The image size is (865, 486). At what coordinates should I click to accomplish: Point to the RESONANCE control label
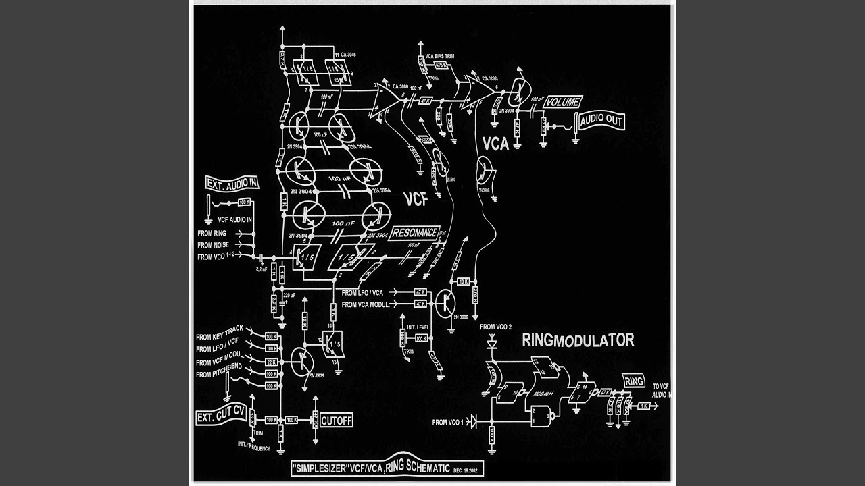tap(414, 233)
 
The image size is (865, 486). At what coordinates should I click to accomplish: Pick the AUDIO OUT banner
tap(599, 122)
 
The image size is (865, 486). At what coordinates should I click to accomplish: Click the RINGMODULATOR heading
tap(578, 340)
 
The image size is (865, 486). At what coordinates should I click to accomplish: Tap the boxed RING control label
tap(635, 381)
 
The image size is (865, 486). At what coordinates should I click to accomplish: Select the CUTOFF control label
tap(337, 420)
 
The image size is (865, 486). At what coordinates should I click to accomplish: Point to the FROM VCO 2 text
tap(496, 327)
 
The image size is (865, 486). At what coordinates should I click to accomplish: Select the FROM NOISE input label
tap(213, 244)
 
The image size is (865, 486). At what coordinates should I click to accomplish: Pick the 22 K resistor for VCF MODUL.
tap(270, 361)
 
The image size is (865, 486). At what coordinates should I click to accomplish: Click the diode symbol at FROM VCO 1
tap(472, 423)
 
